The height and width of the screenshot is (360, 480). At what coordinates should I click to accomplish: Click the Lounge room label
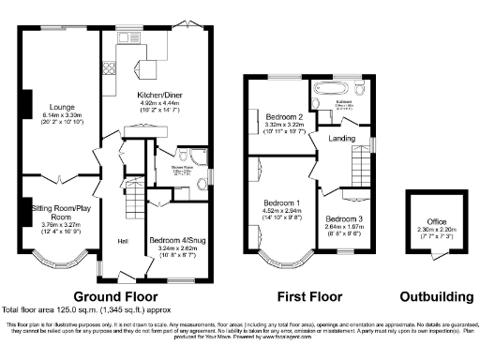click(63, 107)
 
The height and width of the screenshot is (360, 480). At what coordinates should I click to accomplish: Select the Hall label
click(122, 242)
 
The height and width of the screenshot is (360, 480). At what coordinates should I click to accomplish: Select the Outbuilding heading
click(436, 297)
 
